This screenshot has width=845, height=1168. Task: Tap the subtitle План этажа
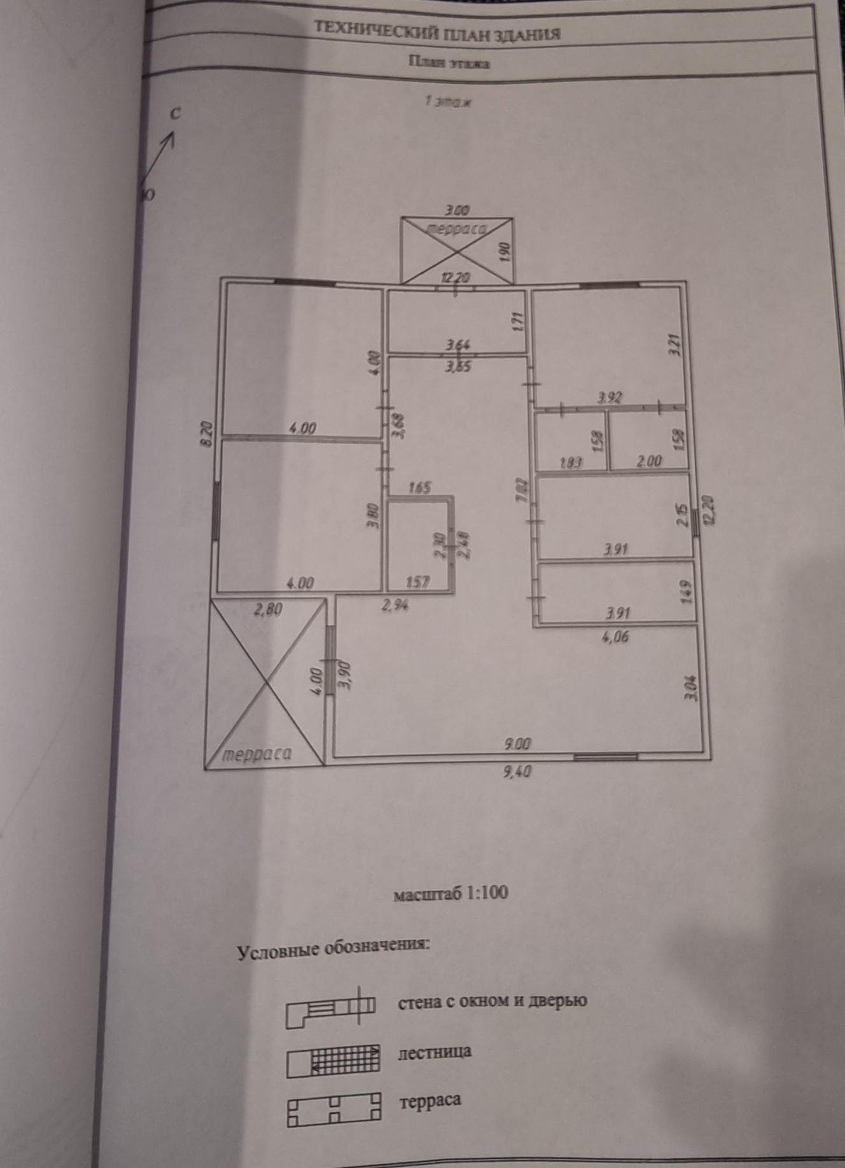tap(449, 62)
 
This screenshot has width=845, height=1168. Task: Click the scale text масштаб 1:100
tap(450, 893)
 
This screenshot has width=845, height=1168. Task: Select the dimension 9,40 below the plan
tap(517, 772)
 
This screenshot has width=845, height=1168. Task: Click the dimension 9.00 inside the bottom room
tap(516, 743)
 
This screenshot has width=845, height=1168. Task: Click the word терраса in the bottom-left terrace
tap(257, 754)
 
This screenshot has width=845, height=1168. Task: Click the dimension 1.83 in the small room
tap(570, 462)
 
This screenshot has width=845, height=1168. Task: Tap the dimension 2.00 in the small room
tap(648, 461)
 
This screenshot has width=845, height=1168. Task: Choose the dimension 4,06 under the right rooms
tap(615, 636)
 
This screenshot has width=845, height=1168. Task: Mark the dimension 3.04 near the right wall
tap(693, 687)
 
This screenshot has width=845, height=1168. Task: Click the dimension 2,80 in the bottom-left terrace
tap(268, 609)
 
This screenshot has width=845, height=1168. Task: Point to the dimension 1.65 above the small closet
tap(420, 488)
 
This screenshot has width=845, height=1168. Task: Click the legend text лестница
tap(435, 1052)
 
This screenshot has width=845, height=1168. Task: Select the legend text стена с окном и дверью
tap(492, 1001)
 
